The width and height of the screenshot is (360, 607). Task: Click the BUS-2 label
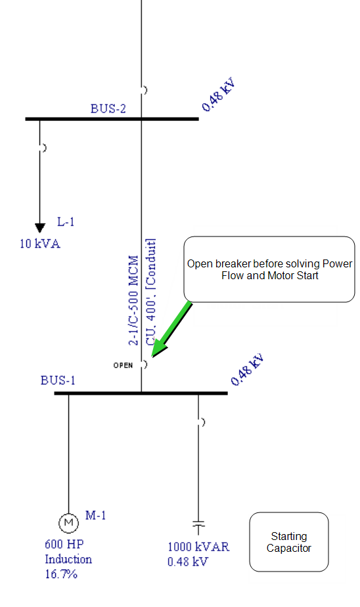(x=108, y=109)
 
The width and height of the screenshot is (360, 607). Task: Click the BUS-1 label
(x=58, y=380)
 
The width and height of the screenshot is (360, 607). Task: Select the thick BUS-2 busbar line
(x=112, y=119)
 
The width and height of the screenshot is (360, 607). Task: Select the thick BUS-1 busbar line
(x=141, y=393)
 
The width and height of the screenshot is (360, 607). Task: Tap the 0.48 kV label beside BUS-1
(x=248, y=369)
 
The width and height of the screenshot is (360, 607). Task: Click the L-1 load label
(x=66, y=222)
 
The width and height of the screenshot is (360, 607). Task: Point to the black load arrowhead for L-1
(x=40, y=228)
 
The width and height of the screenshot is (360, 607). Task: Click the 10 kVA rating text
(x=40, y=244)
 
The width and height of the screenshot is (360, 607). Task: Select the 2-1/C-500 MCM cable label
(x=133, y=300)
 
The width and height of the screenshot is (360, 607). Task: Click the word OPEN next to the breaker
(x=123, y=365)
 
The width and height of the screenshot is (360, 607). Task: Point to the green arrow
(x=171, y=329)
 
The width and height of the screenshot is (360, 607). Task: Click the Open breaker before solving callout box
(x=269, y=269)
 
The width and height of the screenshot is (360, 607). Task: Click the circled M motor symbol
(x=68, y=523)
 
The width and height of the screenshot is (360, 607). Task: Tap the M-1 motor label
(x=96, y=515)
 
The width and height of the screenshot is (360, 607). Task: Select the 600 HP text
(x=64, y=545)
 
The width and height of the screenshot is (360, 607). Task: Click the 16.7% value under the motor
(x=61, y=573)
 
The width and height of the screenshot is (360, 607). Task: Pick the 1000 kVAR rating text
(x=198, y=547)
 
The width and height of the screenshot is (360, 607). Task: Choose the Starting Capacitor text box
(x=289, y=542)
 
